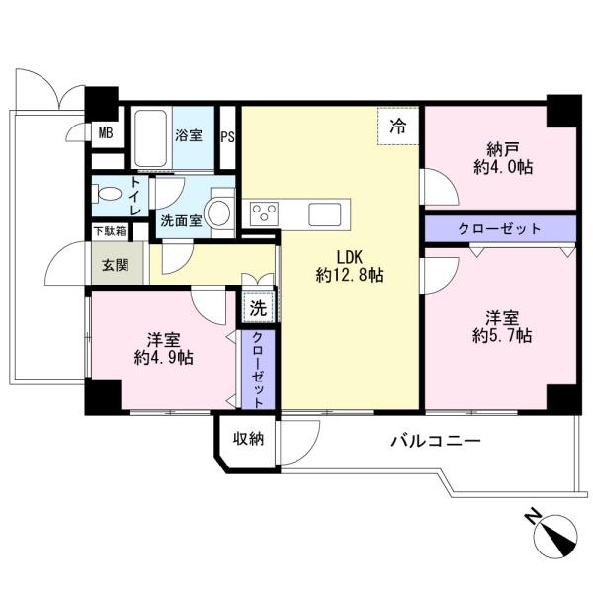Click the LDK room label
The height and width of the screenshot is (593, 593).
tap(350, 258)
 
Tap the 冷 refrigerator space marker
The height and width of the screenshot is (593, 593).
tap(398, 126)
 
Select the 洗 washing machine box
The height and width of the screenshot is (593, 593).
tap(258, 308)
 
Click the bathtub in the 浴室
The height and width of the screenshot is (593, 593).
tap(151, 138)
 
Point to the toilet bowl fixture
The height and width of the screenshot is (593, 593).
tap(107, 194)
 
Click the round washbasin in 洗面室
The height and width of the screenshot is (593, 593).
tap(219, 212)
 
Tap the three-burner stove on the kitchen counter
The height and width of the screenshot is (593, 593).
tap(264, 213)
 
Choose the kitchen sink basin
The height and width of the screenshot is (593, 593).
tap(325, 214)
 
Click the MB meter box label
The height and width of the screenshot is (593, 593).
tap(106, 133)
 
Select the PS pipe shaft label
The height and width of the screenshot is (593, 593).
tap(227, 137)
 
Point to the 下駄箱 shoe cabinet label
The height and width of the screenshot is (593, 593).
tap(110, 231)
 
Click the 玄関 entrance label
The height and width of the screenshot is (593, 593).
tap(116, 265)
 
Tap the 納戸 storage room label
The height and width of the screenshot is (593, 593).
tap(502, 149)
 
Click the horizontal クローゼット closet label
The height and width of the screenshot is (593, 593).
tap(499, 229)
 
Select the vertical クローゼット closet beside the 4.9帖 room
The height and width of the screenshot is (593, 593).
tap(258, 369)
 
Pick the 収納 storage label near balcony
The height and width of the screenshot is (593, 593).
tap(248, 439)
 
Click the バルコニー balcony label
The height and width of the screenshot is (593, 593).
tap(436, 441)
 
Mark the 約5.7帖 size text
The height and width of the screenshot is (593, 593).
tap(502, 336)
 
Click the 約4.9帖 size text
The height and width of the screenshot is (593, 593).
tap(164, 358)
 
